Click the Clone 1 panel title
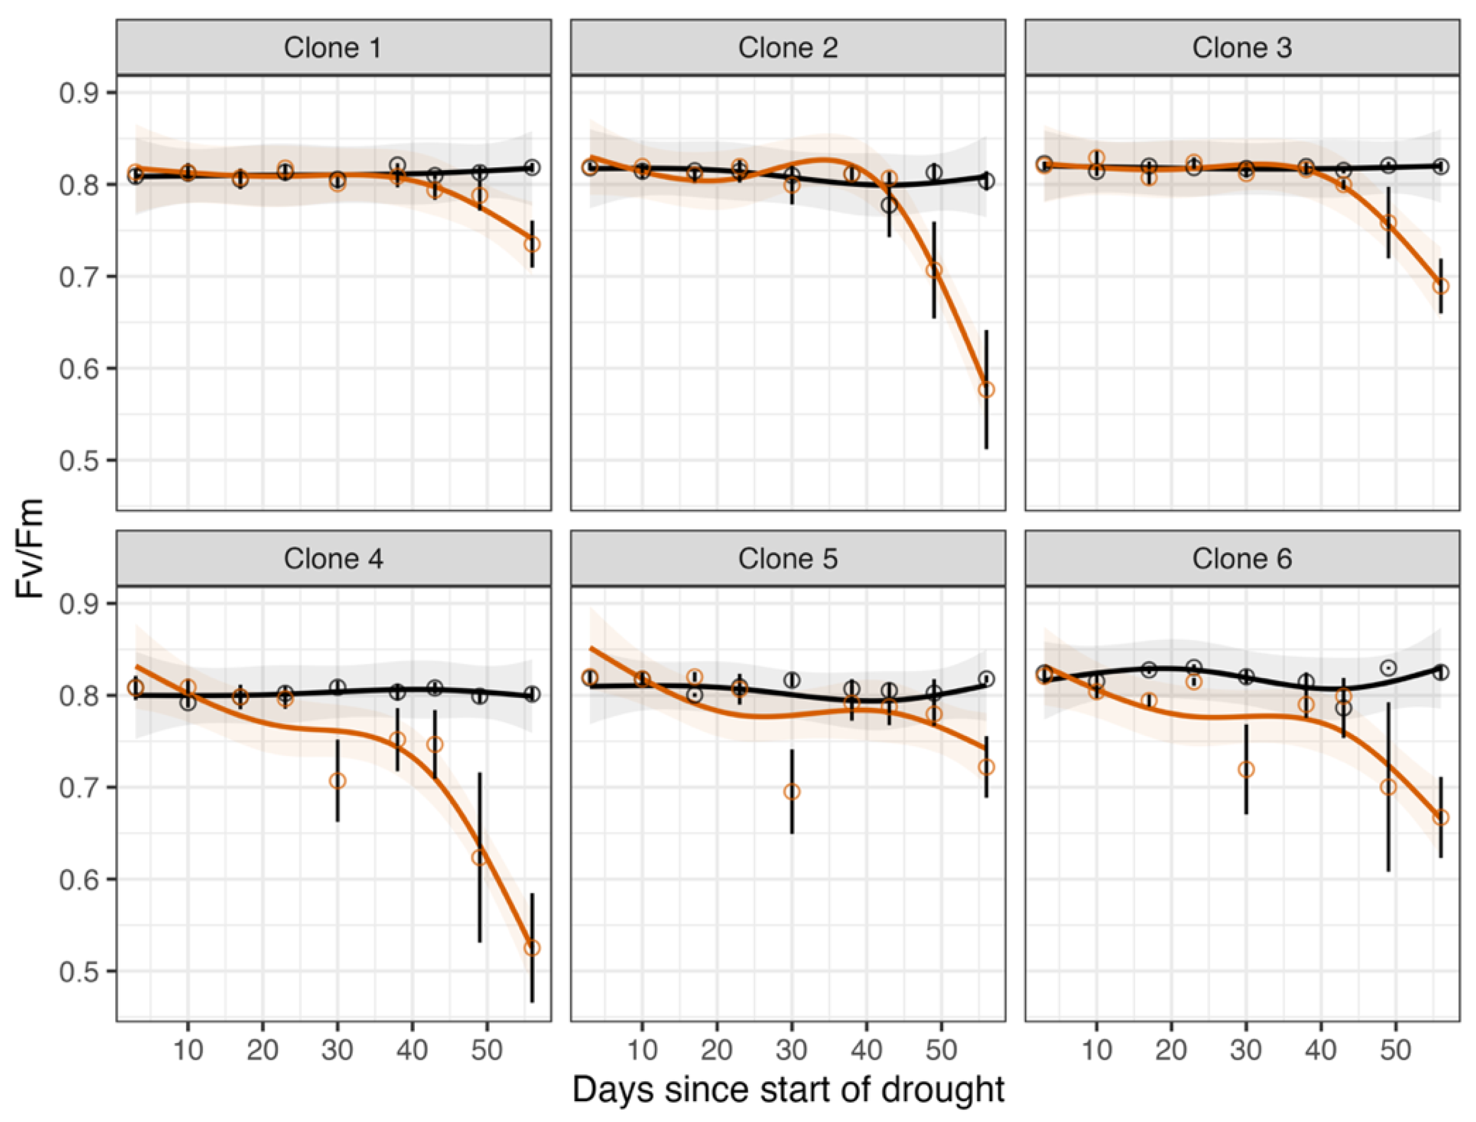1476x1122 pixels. [332, 48]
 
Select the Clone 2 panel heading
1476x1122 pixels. [787, 48]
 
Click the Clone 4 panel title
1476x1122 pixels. [332, 559]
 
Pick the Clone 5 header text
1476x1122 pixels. [787, 559]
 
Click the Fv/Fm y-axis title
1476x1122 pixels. [30, 549]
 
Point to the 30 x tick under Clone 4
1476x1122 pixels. [337, 1051]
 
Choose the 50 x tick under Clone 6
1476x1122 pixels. [1395, 1051]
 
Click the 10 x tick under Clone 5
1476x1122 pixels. [642, 1051]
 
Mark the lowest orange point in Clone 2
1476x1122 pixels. [986, 389]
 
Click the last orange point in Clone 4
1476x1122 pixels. [532, 948]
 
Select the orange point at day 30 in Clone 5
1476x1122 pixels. [791, 792]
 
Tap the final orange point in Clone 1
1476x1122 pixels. [532, 245]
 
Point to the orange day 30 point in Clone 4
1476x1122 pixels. [337, 781]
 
